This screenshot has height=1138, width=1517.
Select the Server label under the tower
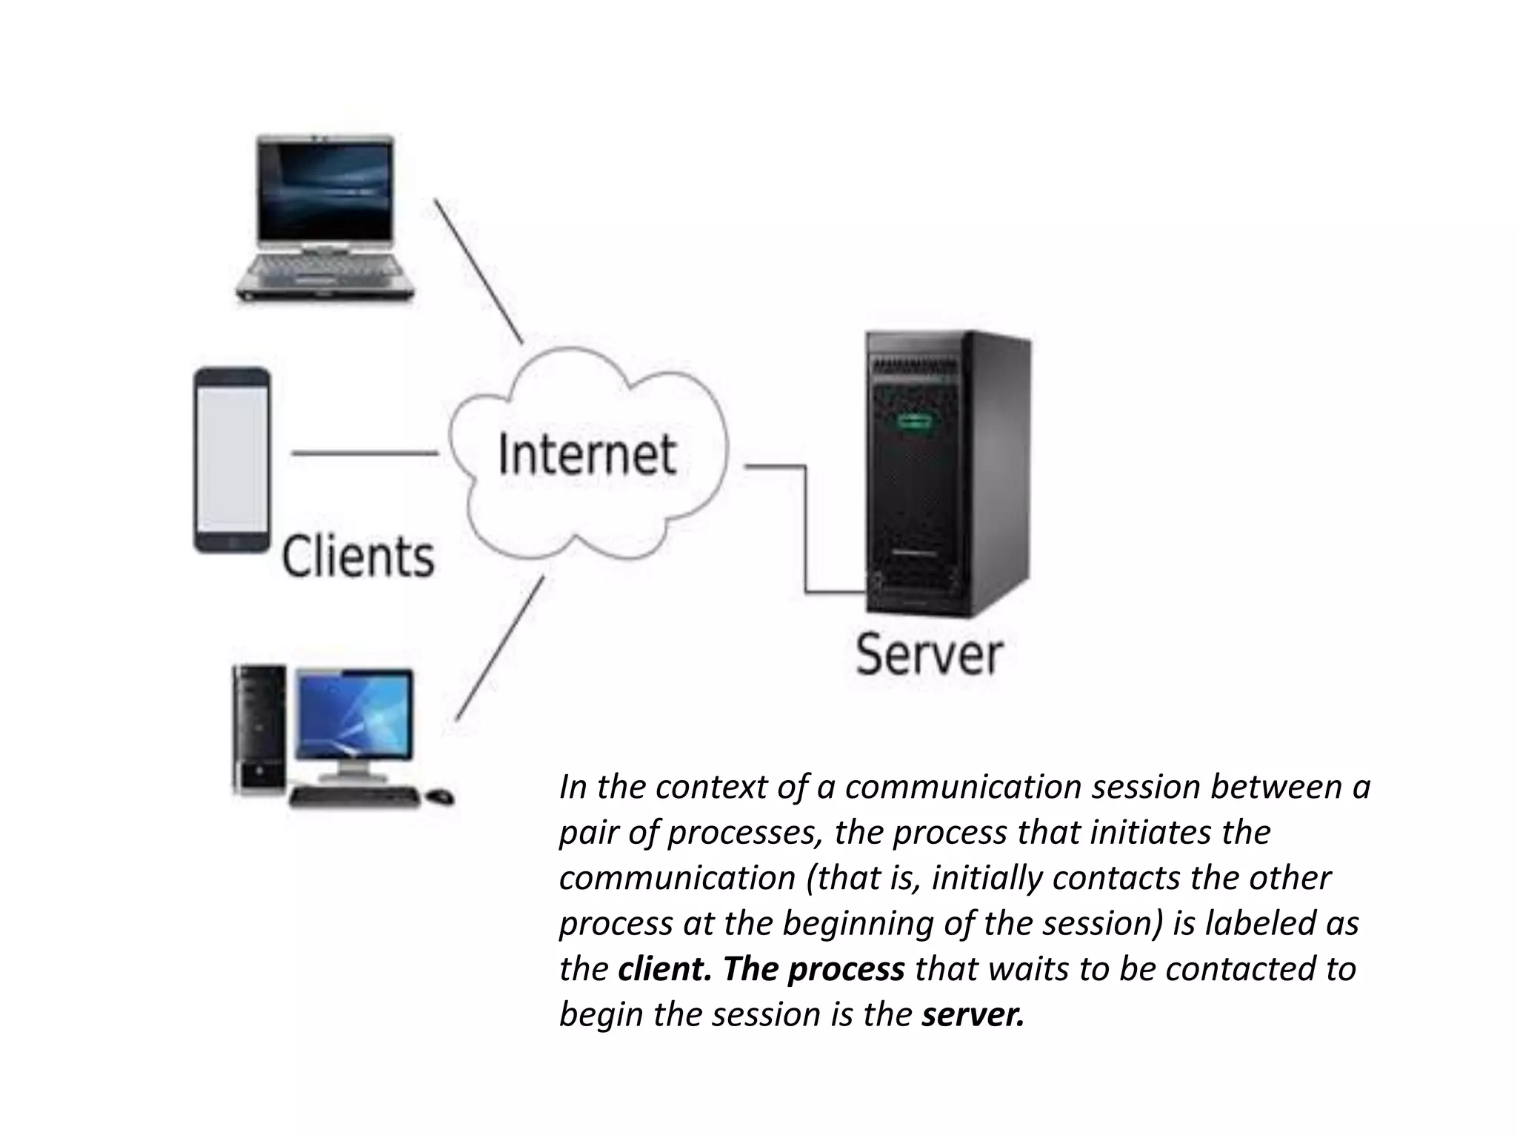(929, 654)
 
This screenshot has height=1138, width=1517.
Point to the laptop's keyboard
(324, 270)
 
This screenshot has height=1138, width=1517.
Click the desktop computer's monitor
(354, 714)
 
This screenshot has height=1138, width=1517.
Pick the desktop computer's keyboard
(354, 797)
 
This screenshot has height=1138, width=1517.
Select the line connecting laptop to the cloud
(479, 271)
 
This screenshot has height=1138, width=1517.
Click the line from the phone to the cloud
(364, 453)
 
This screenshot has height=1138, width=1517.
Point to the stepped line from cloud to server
(805, 530)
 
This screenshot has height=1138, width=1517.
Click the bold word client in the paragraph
(662, 969)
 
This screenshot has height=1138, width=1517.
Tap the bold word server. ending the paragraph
(973, 1014)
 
